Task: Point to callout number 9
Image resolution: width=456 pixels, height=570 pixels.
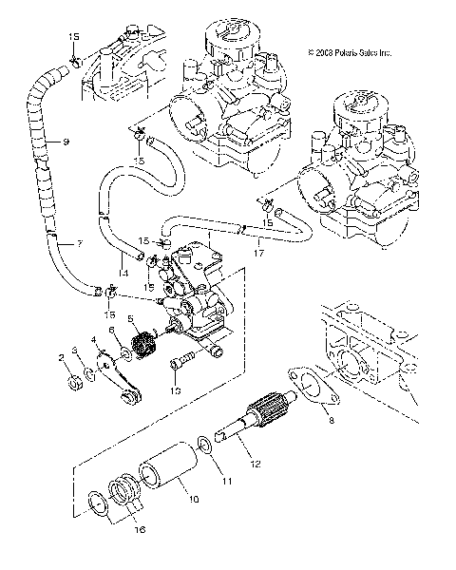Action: pyautogui.click(x=66, y=142)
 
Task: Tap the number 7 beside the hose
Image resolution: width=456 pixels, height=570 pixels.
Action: pyautogui.click(x=79, y=244)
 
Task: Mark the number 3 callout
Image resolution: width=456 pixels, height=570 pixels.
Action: pyautogui.click(x=76, y=351)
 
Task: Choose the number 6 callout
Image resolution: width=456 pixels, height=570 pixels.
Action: pyautogui.click(x=110, y=331)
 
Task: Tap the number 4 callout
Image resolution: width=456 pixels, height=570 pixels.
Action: pyautogui.click(x=93, y=339)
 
